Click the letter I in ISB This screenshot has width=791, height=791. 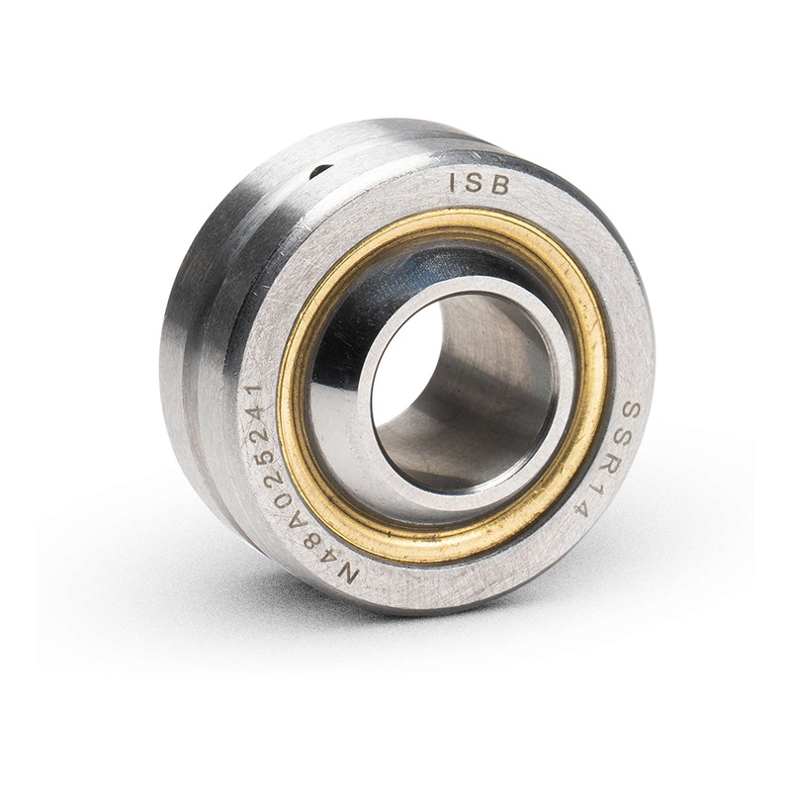click(x=453, y=182)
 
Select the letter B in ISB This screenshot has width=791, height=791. click(x=499, y=186)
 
